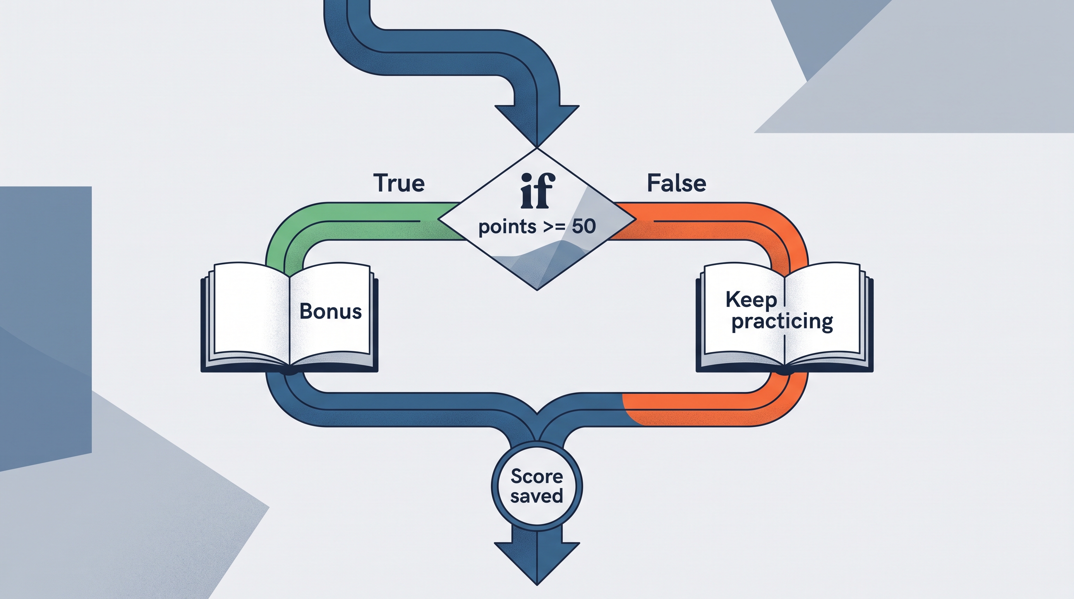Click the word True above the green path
coord(399,183)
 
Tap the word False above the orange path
coord(676,183)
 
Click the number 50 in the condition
coord(584,226)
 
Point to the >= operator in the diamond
coord(554,227)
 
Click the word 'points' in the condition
coord(507,227)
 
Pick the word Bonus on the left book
coord(330,311)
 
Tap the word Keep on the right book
coord(751,300)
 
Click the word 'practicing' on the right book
coord(782,322)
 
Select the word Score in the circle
coord(537,476)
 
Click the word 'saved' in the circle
coord(537,496)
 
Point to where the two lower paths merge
coord(537,429)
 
